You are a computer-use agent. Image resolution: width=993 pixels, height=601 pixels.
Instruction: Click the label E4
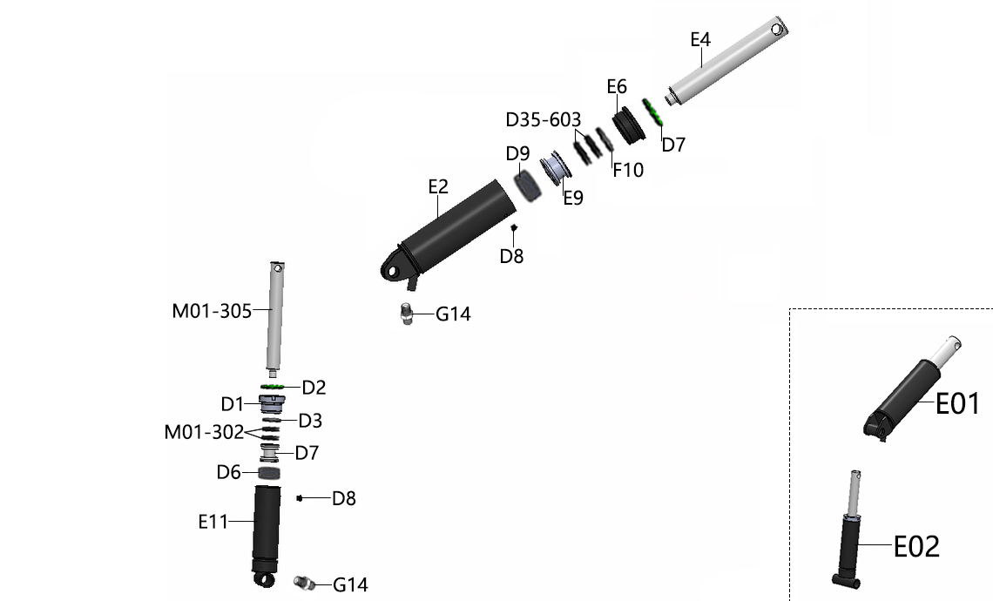click(x=700, y=39)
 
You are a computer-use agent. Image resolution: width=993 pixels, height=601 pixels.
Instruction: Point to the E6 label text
click(x=616, y=87)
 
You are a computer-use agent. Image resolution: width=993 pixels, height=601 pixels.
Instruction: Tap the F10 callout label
click(x=627, y=170)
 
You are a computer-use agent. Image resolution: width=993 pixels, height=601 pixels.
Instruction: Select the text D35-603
click(x=544, y=119)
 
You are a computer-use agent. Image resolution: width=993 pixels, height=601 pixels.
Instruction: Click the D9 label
click(x=517, y=153)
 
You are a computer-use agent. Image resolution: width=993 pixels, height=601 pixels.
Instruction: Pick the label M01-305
click(x=212, y=311)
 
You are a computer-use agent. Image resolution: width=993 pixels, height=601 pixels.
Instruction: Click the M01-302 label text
click(x=204, y=432)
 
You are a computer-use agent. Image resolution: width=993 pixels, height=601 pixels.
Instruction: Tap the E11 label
click(x=213, y=522)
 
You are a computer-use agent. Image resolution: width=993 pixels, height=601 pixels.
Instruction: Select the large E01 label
click(x=957, y=403)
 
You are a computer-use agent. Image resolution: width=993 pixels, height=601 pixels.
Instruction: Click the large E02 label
click(x=916, y=546)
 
